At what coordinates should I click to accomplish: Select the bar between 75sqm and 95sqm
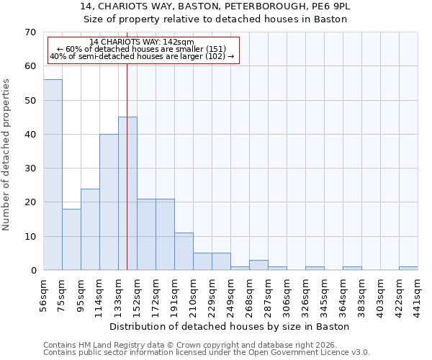point(71,240)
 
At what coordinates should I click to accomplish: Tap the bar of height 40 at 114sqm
point(109,202)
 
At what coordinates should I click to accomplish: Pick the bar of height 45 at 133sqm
point(127,194)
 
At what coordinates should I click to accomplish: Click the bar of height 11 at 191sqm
point(184,251)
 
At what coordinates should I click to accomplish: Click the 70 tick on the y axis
point(30,32)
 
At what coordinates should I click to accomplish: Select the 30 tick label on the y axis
point(30,168)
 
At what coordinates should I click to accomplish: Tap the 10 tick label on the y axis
point(30,237)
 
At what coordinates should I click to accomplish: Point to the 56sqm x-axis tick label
point(43,294)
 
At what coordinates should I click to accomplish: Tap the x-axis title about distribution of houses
point(230,326)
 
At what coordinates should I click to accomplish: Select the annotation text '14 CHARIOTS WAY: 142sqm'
point(142,42)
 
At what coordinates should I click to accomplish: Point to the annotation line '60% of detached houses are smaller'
point(142,49)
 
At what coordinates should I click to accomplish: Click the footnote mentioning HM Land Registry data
point(189,345)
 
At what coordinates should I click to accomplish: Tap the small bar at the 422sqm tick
point(408,269)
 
